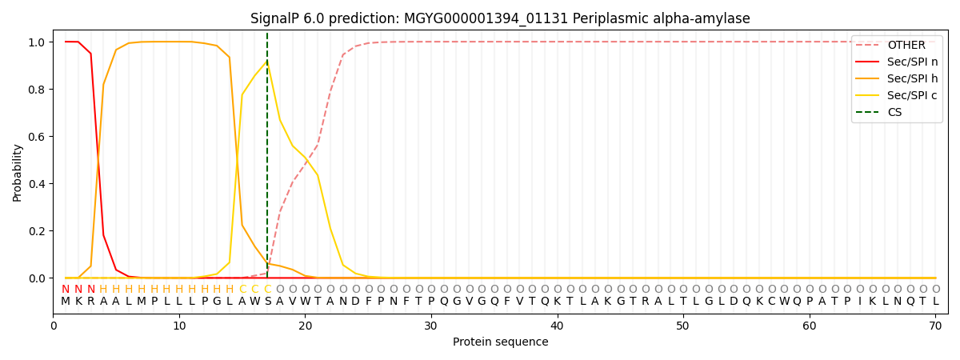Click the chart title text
click(x=500, y=18)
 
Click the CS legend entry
click(x=894, y=113)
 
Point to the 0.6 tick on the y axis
click(x=38, y=137)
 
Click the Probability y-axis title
click(x=18, y=172)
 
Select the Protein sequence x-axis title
click(x=500, y=342)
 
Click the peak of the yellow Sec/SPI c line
click(x=267, y=62)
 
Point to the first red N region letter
click(x=66, y=290)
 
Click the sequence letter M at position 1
click(x=66, y=302)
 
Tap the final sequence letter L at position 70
click(x=935, y=302)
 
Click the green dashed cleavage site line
click(x=267, y=160)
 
